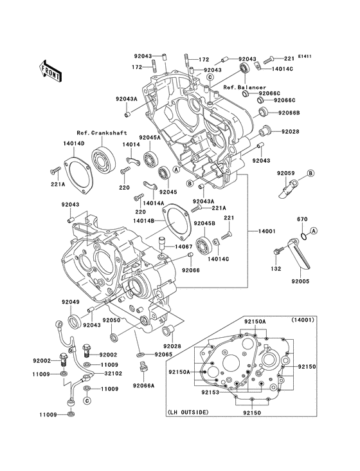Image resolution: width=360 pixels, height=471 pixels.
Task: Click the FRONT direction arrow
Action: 50,71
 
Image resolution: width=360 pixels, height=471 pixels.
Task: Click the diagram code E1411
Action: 305,56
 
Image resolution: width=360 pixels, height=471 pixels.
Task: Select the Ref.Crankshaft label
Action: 102,133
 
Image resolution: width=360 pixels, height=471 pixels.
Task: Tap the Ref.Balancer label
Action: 245,88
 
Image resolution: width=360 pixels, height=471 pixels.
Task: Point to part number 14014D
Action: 73,143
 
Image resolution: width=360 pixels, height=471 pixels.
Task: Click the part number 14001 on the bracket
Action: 266,231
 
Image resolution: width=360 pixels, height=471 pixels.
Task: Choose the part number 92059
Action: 285,173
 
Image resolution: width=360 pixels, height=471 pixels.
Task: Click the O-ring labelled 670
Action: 303,236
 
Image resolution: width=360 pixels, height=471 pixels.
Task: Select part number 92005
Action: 300,281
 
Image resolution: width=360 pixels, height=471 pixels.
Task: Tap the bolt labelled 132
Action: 278,259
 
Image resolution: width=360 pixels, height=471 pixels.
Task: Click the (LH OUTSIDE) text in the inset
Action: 188,412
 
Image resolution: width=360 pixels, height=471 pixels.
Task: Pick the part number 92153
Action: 210,392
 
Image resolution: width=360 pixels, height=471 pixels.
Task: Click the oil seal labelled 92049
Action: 75,321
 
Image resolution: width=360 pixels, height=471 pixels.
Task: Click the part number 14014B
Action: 144,221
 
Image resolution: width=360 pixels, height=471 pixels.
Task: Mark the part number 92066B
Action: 289,113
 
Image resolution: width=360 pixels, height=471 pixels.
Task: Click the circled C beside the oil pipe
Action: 87,400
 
